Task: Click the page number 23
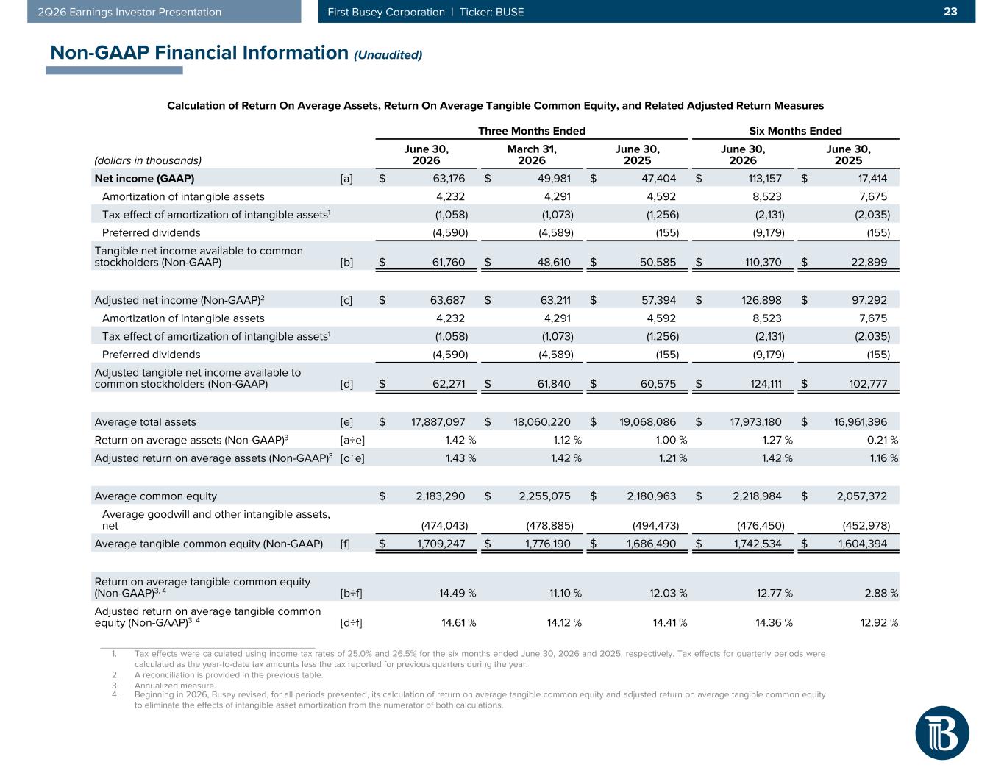pyautogui.click(x=950, y=12)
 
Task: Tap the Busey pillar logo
pyautogui.click(x=941, y=733)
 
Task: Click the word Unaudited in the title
pyautogui.click(x=388, y=55)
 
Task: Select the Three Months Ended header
pyautogui.click(x=531, y=131)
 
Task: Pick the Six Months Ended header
pyautogui.click(x=795, y=131)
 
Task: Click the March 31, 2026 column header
pyautogui.click(x=531, y=154)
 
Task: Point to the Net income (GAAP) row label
pyautogui.click(x=144, y=178)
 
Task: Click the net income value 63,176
pyautogui.click(x=449, y=178)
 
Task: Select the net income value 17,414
pyautogui.click(x=872, y=178)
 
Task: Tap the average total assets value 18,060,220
pyautogui.click(x=542, y=421)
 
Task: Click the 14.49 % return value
pyautogui.click(x=457, y=593)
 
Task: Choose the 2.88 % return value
pyautogui.click(x=881, y=593)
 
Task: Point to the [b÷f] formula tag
pyautogui.click(x=351, y=593)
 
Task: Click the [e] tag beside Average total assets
pyautogui.click(x=346, y=421)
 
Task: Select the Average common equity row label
pyautogui.click(x=155, y=496)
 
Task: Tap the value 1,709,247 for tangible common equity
pyautogui.click(x=441, y=543)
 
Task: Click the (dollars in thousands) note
pyautogui.click(x=148, y=160)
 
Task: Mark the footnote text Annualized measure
pyautogui.click(x=175, y=686)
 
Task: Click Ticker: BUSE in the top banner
pyautogui.click(x=491, y=12)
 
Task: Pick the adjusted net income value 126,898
pyautogui.click(x=761, y=300)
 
